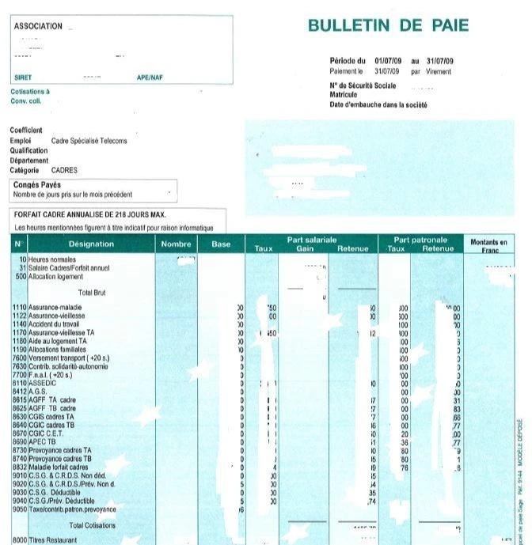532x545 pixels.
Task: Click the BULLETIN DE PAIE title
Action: pos(388,25)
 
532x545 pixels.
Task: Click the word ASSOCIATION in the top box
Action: pos(38,26)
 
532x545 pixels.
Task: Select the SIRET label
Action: pos(22,78)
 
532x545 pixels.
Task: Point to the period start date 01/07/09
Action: pos(389,61)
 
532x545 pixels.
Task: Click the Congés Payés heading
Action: pos(38,185)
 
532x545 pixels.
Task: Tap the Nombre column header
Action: pos(176,244)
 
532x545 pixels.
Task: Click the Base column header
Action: pos(221,244)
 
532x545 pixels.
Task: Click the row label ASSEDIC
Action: pos(43,383)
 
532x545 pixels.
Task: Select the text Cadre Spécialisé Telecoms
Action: pos(89,141)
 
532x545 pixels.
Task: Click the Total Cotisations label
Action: pos(92,525)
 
